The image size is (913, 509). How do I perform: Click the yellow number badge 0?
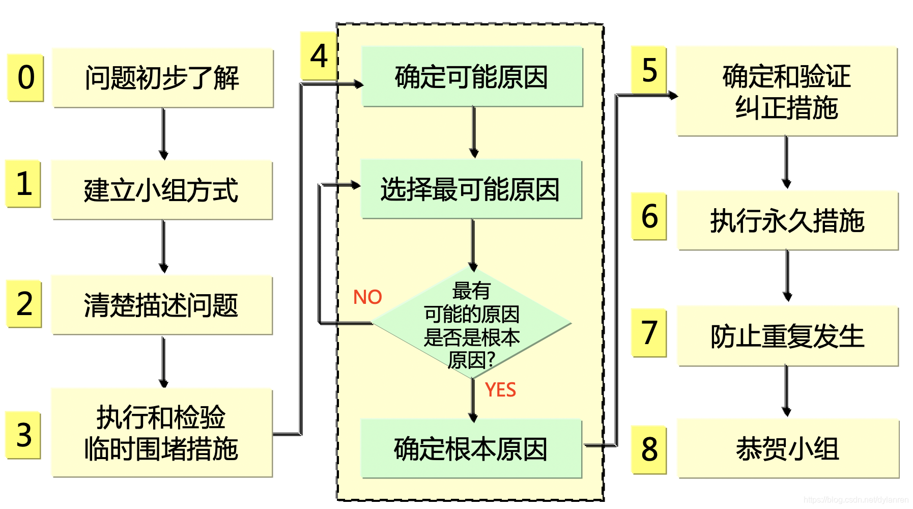pyautogui.click(x=25, y=78)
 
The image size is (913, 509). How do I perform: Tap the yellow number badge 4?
pyautogui.click(x=319, y=55)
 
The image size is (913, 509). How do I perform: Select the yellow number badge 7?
pyautogui.click(x=649, y=333)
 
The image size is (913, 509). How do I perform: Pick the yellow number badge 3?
pyautogui.click(x=23, y=435)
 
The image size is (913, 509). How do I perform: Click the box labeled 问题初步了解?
pyautogui.click(x=163, y=78)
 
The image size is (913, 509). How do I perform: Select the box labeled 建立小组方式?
pyautogui.click(x=162, y=190)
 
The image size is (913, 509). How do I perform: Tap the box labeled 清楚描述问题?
pyautogui.click(x=162, y=305)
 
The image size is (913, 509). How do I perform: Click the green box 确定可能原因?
pyautogui.click(x=472, y=77)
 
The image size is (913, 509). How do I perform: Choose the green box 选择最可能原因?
pyautogui.click(x=471, y=189)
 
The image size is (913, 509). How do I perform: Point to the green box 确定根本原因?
pyautogui.click(x=471, y=449)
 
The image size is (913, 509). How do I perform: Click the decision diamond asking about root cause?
pyautogui.click(x=472, y=324)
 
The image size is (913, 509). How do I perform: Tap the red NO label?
pyautogui.click(x=367, y=297)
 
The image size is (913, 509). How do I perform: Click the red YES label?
pyautogui.click(x=500, y=390)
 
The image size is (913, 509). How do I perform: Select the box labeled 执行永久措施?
pyautogui.click(x=787, y=221)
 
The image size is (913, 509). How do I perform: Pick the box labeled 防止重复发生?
pyautogui.click(x=787, y=336)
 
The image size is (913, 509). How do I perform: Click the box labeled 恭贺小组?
pyautogui.click(x=787, y=449)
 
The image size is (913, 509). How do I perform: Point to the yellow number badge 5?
pyautogui.click(x=649, y=70)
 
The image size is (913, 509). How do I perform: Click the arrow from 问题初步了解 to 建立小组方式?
pyautogui.click(x=163, y=134)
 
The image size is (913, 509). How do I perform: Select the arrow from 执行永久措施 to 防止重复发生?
pyautogui.click(x=787, y=275)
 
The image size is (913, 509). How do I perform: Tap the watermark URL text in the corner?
pyautogui.click(x=856, y=500)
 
